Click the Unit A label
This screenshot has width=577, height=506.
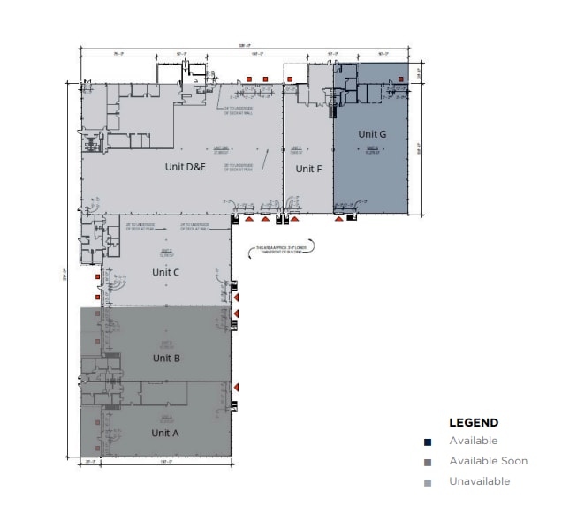click(x=165, y=433)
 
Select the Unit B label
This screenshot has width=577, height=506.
click(x=166, y=358)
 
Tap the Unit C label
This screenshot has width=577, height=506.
click(x=165, y=272)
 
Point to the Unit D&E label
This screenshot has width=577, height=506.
click(x=186, y=166)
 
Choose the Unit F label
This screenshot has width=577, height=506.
click(x=307, y=169)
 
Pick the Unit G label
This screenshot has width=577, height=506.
click(x=372, y=134)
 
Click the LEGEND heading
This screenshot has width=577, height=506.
click(x=474, y=423)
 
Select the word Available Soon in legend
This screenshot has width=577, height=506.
click(x=488, y=461)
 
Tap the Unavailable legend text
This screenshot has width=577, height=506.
click(x=479, y=481)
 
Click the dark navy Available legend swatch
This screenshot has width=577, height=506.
click(x=428, y=442)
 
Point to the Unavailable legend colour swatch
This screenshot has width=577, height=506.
click(x=428, y=482)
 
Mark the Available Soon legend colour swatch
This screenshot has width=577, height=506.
click(x=428, y=462)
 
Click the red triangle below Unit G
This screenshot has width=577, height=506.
click(x=340, y=220)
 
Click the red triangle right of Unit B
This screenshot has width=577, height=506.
click(x=237, y=387)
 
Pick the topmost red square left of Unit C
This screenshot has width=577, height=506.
click(x=97, y=277)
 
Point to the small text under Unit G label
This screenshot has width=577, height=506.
click(x=372, y=149)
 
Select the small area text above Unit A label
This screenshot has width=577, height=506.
click(x=165, y=418)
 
